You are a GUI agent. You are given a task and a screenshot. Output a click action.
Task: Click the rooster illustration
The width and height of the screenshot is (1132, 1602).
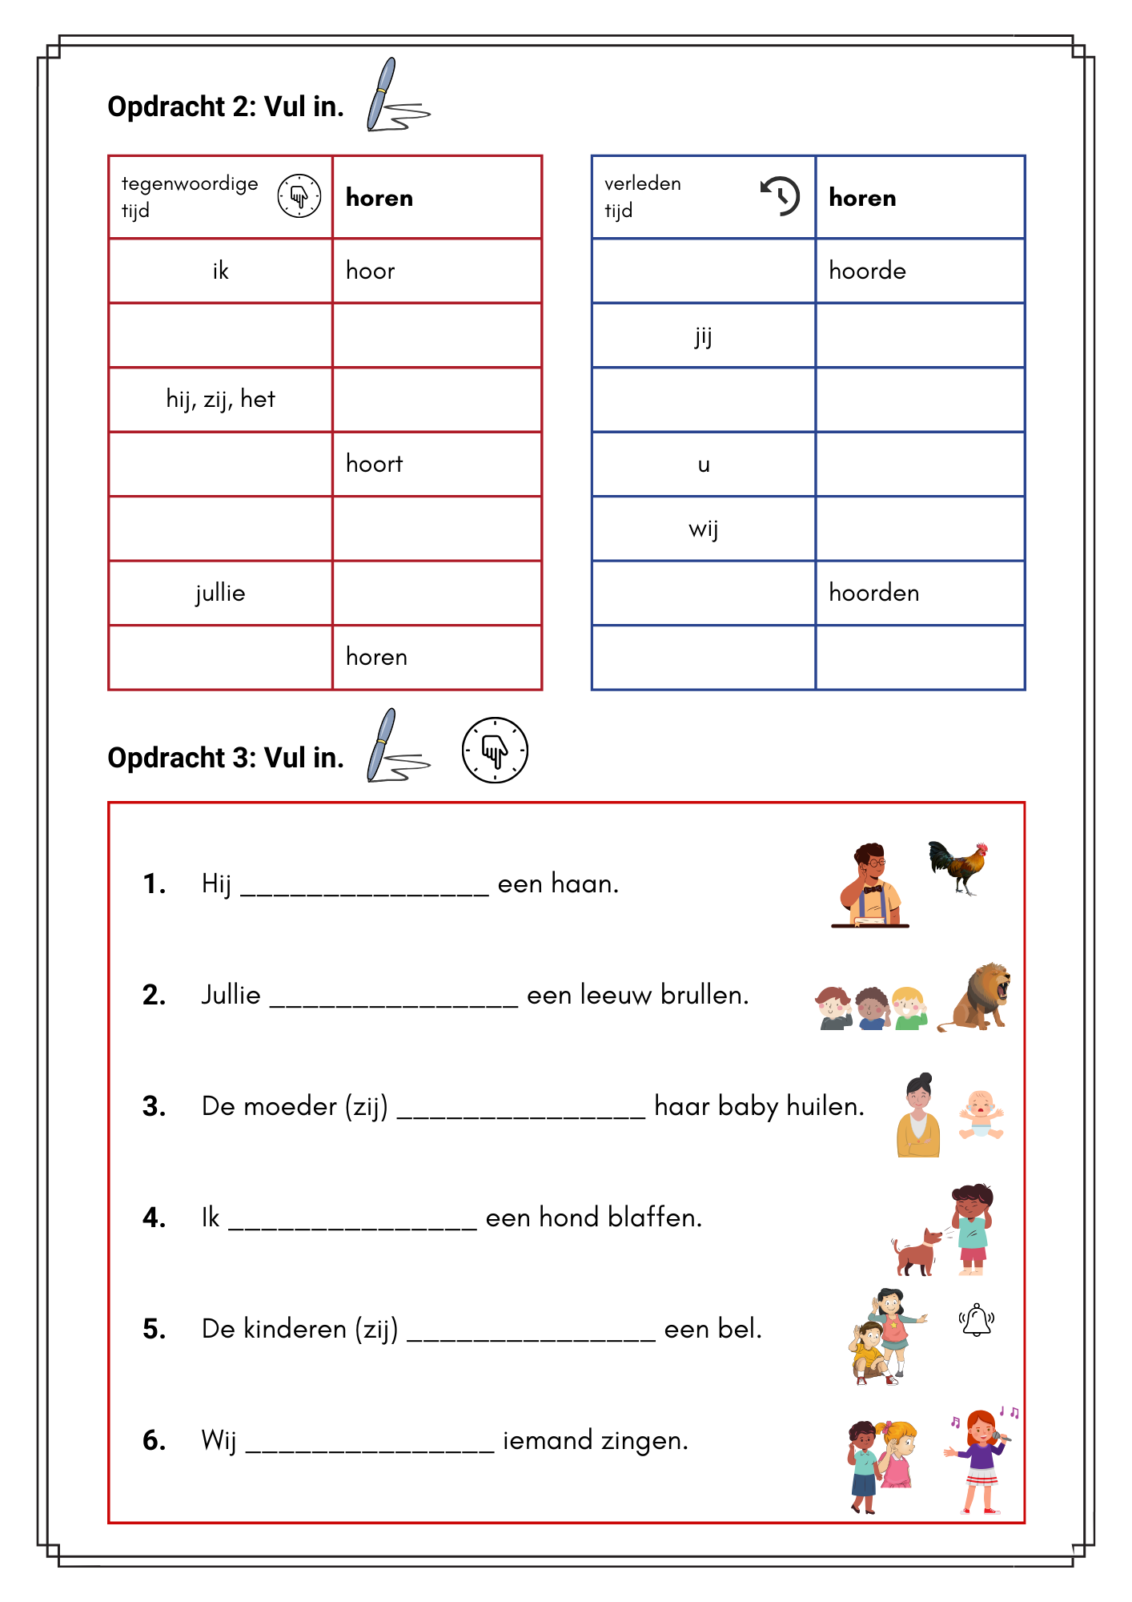click(958, 867)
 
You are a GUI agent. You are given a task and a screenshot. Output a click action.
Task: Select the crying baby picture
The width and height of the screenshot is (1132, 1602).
click(980, 1114)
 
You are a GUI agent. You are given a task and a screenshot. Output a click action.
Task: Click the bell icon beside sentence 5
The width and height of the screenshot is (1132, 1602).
click(977, 1320)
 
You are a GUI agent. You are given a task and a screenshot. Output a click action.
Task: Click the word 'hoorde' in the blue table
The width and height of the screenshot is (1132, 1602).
click(867, 271)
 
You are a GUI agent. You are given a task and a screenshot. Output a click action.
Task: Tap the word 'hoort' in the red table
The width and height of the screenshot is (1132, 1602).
click(374, 464)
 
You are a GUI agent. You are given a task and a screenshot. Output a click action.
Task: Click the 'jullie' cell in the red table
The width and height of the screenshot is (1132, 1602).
click(220, 593)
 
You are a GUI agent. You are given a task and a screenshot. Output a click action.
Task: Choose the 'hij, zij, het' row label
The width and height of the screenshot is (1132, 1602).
click(220, 399)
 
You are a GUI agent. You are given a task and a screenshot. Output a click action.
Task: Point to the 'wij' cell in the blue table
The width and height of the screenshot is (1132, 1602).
click(703, 529)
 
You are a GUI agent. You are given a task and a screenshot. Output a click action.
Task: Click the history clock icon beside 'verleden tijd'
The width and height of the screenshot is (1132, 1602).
click(780, 195)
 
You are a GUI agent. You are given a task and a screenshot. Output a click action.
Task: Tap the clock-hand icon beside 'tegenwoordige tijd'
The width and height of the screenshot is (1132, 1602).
click(299, 195)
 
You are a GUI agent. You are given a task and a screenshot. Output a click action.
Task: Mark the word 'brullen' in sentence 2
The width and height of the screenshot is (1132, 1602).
click(704, 995)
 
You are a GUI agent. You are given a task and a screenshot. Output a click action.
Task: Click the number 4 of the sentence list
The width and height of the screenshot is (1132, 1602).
click(154, 1218)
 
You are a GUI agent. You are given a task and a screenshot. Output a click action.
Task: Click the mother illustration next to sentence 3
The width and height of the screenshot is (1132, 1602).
click(918, 1115)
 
